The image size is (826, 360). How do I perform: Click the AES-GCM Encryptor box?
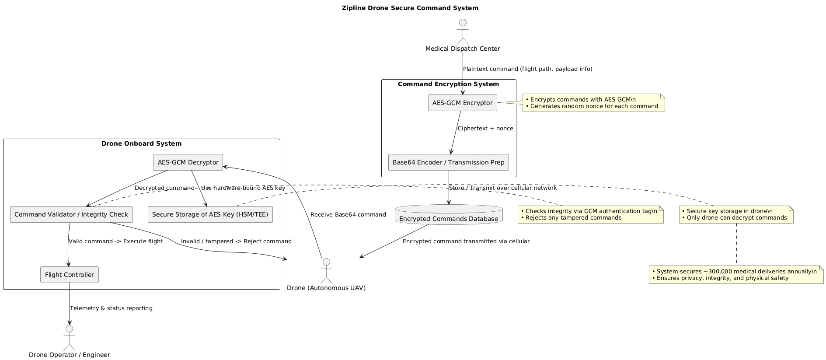pos(462,103)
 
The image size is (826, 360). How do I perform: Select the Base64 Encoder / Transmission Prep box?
pos(448,162)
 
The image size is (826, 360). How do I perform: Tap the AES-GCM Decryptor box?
pos(188,162)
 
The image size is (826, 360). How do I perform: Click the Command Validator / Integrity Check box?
pos(71,214)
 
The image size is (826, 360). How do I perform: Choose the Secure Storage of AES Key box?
pos(210,214)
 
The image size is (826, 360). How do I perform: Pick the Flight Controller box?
pos(70,275)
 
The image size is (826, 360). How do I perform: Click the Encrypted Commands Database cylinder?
pos(448,215)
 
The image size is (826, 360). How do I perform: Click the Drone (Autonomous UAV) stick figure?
pos(326,271)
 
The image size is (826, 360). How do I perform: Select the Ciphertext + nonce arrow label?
pos(485,129)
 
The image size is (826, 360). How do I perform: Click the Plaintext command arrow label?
pos(527,69)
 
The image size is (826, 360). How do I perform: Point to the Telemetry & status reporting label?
pos(111,308)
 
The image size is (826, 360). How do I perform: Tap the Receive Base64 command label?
pos(348,215)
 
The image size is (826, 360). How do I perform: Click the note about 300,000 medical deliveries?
pos(736,275)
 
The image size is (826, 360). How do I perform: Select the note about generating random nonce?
pos(593,103)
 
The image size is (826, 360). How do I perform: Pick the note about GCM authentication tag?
pos(590,214)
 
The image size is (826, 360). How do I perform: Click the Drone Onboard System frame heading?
pos(141,143)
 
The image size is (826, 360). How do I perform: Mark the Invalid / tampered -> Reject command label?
pos(236,241)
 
